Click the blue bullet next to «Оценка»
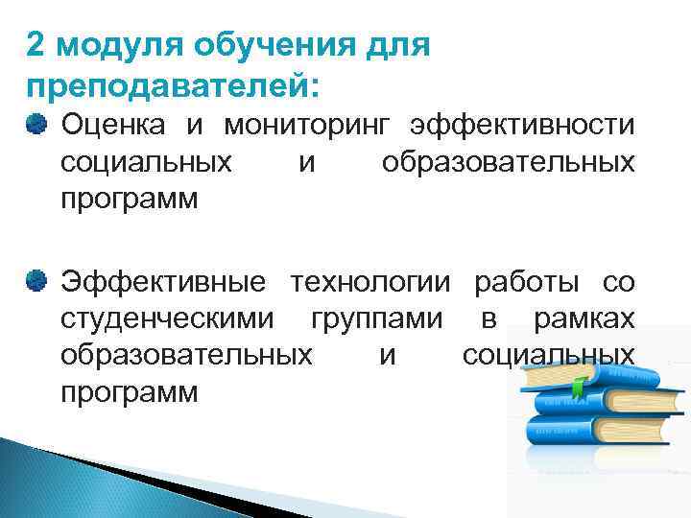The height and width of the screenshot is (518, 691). (36, 125)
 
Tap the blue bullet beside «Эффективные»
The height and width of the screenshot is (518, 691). (36, 280)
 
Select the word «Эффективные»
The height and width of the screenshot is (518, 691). (163, 281)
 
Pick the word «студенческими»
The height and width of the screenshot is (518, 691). (166, 318)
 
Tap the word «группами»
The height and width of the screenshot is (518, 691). (377, 318)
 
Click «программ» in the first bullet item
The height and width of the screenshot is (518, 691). (129, 200)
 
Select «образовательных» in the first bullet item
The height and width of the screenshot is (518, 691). (508, 162)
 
